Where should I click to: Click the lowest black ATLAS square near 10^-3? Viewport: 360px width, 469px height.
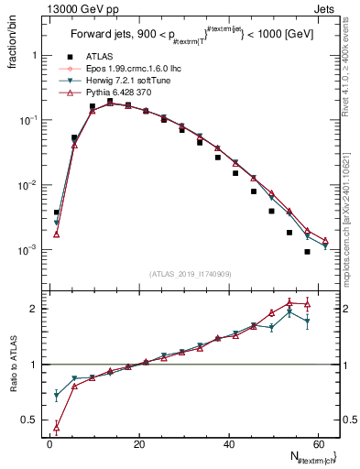[307, 251]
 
